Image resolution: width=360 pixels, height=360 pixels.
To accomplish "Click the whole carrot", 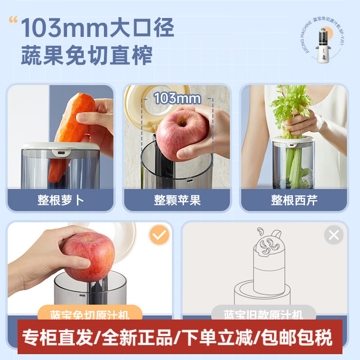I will point(72,130).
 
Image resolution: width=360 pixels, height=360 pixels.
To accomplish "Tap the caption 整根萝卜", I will point(61,200).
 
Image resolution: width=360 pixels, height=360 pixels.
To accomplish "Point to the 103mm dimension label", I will point(177,99).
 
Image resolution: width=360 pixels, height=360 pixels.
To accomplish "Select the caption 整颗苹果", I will point(177,200).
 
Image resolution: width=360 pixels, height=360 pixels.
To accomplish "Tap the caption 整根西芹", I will point(294,200).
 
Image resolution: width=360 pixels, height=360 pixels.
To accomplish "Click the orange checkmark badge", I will point(159,234).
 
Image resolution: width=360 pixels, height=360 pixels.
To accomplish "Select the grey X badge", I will point(334,234).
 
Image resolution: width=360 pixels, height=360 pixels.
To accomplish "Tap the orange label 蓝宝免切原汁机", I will point(90,313).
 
